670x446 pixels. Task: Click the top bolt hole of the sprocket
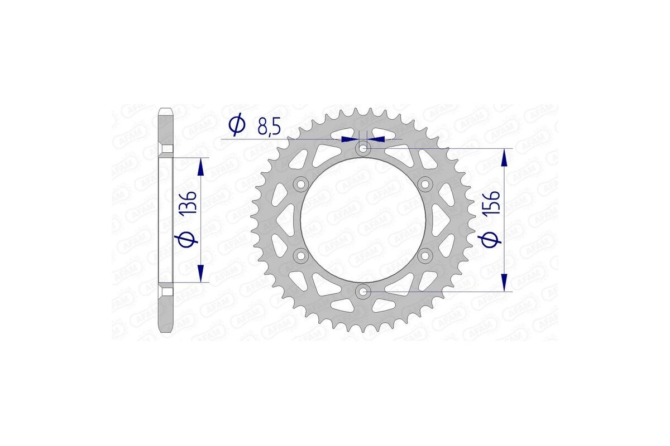(363, 149)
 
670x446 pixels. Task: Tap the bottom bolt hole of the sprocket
(363, 291)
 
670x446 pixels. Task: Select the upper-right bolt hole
(425, 184)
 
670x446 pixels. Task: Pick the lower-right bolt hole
(425, 255)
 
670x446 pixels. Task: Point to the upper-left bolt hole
(301, 184)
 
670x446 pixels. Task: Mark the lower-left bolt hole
(301, 255)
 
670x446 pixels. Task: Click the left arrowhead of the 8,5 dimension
(350, 138)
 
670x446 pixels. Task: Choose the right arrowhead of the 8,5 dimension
(377, 138)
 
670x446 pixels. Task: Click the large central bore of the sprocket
(363, 220)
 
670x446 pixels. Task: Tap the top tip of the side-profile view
(166, 109)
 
